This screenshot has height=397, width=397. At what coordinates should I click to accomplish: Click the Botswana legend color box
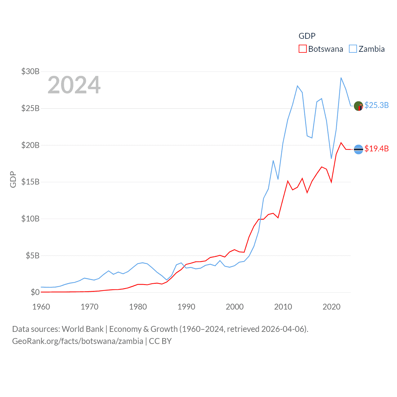(x=302, y=49)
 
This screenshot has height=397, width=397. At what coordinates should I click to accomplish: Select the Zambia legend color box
(x=353, y=49)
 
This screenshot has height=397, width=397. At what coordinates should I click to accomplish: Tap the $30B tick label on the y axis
(x=30, y=71)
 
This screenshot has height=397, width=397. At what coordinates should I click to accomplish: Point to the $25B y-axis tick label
(x=30, y=108)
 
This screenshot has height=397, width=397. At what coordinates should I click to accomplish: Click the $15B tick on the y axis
(x=30, y=182)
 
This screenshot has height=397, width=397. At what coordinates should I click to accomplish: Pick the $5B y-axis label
(x=33, y=256)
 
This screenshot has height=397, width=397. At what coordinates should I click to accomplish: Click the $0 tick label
(x=35, y=292)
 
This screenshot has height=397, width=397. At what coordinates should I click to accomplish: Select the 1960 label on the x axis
(x=41, y=307)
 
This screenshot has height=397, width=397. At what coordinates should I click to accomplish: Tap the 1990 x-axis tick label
(x=186, y=307)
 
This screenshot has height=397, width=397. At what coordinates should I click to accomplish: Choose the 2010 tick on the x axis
(x=283, y=307)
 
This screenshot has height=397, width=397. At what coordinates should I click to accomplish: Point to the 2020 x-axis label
(x=332, y=307)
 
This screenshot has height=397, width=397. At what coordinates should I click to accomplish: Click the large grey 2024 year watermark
(x=74, y=85)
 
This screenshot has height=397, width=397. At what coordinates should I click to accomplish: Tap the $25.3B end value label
(x=377, y=105)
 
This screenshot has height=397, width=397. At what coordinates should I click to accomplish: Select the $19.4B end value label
(x=377, y=149)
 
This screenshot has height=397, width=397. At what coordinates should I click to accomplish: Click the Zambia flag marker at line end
(x=359, y=106)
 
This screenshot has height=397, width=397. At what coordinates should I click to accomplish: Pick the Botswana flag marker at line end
(x=359, y=149)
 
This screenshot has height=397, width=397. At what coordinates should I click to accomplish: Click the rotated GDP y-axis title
(x=13, y=179)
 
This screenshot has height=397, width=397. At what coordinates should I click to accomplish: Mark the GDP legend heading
(x=307, y=36)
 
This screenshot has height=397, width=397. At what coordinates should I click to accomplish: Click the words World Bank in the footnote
(x=83, y=329)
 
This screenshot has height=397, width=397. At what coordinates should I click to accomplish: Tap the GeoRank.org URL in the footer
(x=78, y=341)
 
